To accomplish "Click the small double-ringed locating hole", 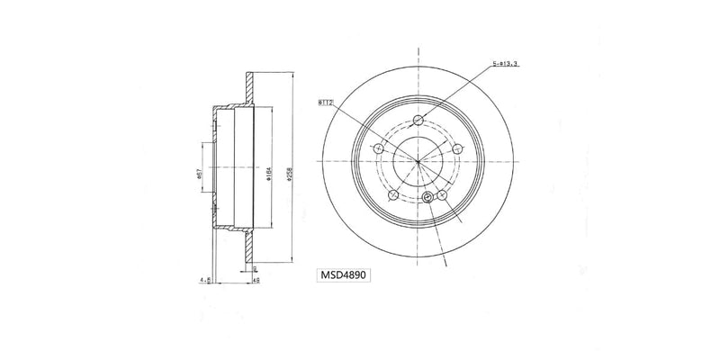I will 427,198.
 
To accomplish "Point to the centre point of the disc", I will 418,161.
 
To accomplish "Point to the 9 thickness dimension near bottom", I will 256,269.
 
